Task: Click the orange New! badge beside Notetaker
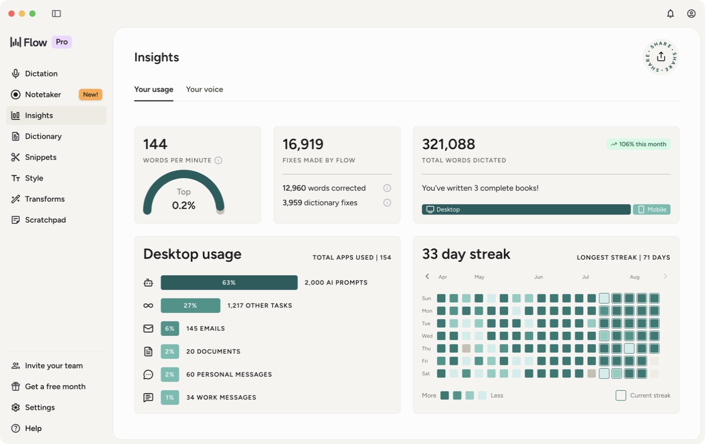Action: (90, 94)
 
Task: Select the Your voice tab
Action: (204, 89)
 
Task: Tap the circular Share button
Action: (661, 57)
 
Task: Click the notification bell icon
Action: (670, 13)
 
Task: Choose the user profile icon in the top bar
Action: (691, 13)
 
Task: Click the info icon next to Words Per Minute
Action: (218, 160)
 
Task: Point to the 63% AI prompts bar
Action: (229, 283)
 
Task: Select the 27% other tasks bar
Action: (191, 305)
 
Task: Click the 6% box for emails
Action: (170, 328)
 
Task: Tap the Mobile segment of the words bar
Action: (651, 209)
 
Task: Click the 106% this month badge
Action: (639, 144)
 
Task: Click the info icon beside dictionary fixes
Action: (387, 202)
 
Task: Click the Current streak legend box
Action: (621, 395)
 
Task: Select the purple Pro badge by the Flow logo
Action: (62, 42)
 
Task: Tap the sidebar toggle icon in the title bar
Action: (56, 13)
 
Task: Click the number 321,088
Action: (448, 144)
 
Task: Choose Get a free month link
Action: (49, 386)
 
